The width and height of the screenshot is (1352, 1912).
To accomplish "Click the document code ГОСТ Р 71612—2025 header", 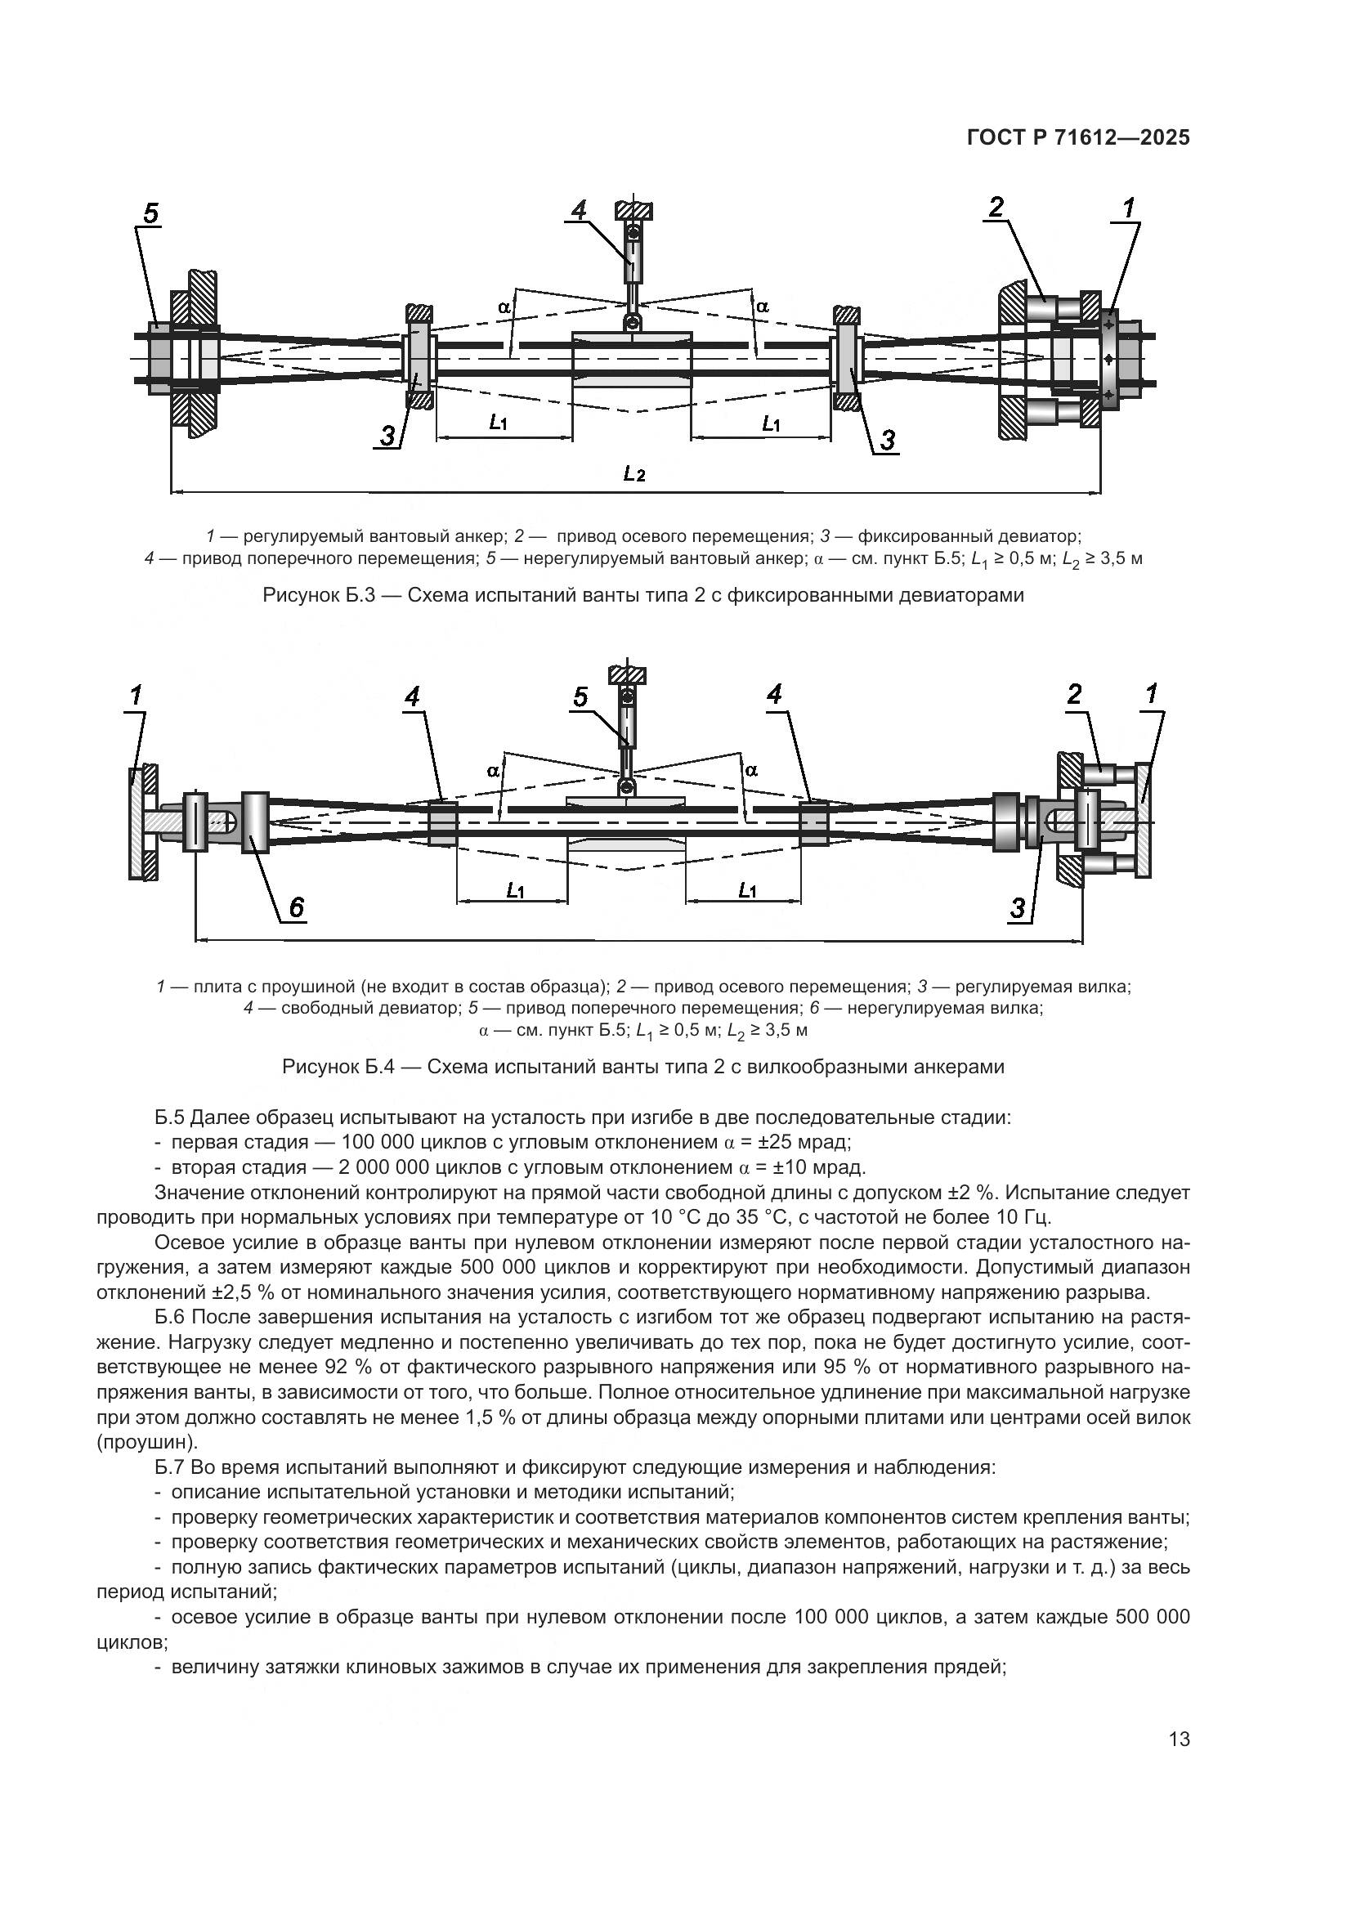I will tap(1078, 138).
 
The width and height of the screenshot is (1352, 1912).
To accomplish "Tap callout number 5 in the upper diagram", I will tap(150, 214).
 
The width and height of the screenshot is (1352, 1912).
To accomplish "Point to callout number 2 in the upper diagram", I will tap(996, 208).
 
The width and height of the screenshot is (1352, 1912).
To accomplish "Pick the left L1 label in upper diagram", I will tap(498, 423).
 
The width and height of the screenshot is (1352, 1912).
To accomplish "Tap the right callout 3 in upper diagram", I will tap(888, 440).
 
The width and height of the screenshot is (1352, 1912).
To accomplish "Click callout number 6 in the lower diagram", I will tap(296, 907).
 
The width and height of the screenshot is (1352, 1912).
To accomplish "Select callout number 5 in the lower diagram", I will tap(580, 697).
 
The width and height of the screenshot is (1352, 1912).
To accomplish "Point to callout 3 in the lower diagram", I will tap(1018, 908).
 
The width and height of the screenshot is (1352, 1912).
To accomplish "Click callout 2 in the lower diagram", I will tap(1074, 694).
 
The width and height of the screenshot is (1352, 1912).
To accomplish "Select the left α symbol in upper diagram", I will tap(504, 307).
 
